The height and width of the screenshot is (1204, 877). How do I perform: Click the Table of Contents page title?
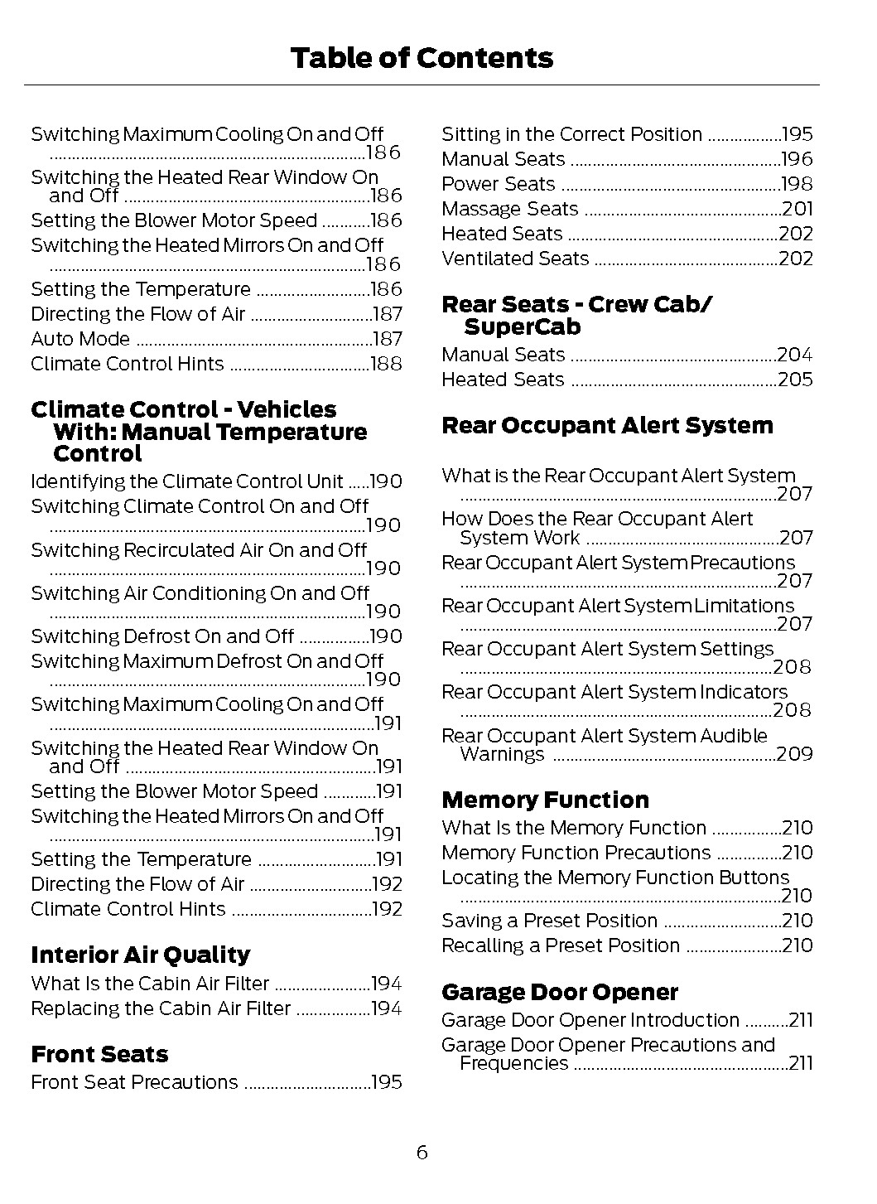pyautogui.click(x=422, y=58)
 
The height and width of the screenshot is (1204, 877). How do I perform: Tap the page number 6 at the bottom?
pyautogui.click(x=422, y=1152)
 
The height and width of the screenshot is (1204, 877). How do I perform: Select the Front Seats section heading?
pyautogui.click(x=99, y=1054)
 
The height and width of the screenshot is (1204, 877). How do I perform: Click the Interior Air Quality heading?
pyautogui.click(x=140, y=955)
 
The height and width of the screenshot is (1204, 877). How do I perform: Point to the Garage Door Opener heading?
pyautogui.click(x=559, y=992)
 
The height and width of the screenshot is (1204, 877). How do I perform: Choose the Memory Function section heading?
pyautogui.click(x=545, y=800)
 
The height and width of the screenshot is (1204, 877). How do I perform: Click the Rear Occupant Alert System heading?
pyautogui.click(x=607, y=425)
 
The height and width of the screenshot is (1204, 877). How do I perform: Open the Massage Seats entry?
pyautogui.click(x=509, y=209)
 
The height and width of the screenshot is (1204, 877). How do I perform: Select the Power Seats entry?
pyautogui.click(x=498, y=184)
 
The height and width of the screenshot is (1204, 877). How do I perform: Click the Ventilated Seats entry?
pyautogui.click(x=514, y=259)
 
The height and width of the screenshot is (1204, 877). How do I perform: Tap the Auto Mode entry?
pyautogui.click(x=80, y=339)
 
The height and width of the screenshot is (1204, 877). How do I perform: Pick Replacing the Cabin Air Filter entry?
pyautogui.click(x=161, y=1008)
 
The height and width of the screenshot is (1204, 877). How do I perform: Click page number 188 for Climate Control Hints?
pyautogui.click(x=385, y=364)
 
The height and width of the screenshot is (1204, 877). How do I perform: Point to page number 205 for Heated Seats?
pyautogui.click(x=795, y=380)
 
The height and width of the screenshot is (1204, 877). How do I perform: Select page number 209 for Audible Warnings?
pyautogui.click(x=795, y=754)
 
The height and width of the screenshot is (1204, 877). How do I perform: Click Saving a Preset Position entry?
pyautogui.click(x=549, y=921)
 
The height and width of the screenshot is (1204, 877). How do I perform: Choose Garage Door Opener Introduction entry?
pyautogui.click(x=590, y=1020)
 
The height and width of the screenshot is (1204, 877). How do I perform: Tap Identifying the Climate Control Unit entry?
pyautogui.click(x=186, y=481)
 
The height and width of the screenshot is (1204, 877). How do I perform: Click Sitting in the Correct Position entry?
pyautogui.click(x=571, y=134)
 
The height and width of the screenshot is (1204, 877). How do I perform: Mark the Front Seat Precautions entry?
pyautogui.click(x=134, y=1082)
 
